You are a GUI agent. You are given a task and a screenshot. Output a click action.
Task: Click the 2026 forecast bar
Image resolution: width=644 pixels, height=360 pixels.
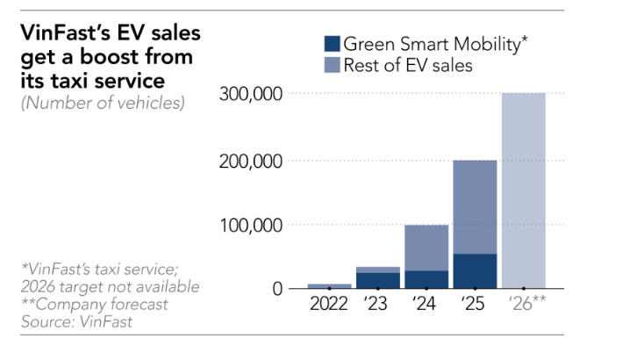(524, 191)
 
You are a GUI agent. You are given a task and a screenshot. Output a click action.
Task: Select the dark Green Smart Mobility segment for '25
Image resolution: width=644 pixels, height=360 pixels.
(475, 271)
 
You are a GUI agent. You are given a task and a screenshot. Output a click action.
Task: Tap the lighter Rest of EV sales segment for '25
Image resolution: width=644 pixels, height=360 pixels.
(475, 207)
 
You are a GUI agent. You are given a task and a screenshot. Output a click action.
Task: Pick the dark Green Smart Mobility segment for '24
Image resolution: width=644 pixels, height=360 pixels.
(426, 279)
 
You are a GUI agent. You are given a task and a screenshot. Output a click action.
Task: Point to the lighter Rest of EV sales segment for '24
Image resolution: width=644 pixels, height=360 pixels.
(426, 248)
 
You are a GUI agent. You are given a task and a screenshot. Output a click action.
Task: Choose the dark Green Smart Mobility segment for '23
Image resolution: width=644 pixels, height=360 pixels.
(378, 281)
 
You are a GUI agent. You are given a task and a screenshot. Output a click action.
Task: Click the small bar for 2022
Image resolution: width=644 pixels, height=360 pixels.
(329, 286)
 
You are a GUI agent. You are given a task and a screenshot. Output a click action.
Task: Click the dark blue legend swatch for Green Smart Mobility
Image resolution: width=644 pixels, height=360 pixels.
(332, 44)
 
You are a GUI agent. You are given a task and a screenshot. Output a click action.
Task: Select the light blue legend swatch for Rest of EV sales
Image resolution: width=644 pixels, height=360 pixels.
(332, 65)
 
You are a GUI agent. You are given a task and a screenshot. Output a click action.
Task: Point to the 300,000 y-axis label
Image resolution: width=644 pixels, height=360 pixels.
(251, 94)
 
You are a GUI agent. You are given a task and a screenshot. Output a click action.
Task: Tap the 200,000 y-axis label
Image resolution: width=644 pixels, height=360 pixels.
(251, 162)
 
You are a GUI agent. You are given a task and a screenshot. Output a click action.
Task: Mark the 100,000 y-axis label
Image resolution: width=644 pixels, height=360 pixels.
(251, 226)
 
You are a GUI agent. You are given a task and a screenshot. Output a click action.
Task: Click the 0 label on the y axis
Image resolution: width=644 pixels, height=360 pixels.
(277, 289)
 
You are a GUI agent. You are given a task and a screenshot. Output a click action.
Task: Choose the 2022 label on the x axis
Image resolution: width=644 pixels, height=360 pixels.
(328, 304)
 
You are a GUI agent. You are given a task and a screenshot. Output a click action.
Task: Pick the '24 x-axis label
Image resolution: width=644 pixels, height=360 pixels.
(424, 304)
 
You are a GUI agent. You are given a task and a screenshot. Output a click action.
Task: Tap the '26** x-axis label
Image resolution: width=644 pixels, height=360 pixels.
(527, 303)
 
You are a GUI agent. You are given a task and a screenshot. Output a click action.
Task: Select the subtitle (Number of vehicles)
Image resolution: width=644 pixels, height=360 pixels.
(103, 103)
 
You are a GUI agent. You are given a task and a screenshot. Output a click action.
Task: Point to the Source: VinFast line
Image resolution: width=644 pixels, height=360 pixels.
(77, 321)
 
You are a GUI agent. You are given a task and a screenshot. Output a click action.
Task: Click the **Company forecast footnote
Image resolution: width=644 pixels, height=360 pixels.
(95, 305)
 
